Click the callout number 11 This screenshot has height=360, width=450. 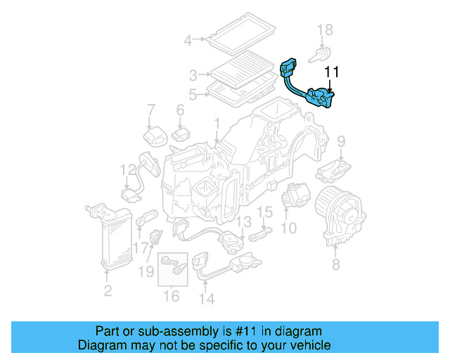pos(332,72)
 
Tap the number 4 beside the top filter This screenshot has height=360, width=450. pos(188,40)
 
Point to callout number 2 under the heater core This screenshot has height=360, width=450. pos(107,291)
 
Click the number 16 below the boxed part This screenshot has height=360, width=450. pos(172,296)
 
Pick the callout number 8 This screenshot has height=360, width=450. pos(335,264)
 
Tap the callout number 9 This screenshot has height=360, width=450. pos(341,142)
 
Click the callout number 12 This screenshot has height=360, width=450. pos(127,169)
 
